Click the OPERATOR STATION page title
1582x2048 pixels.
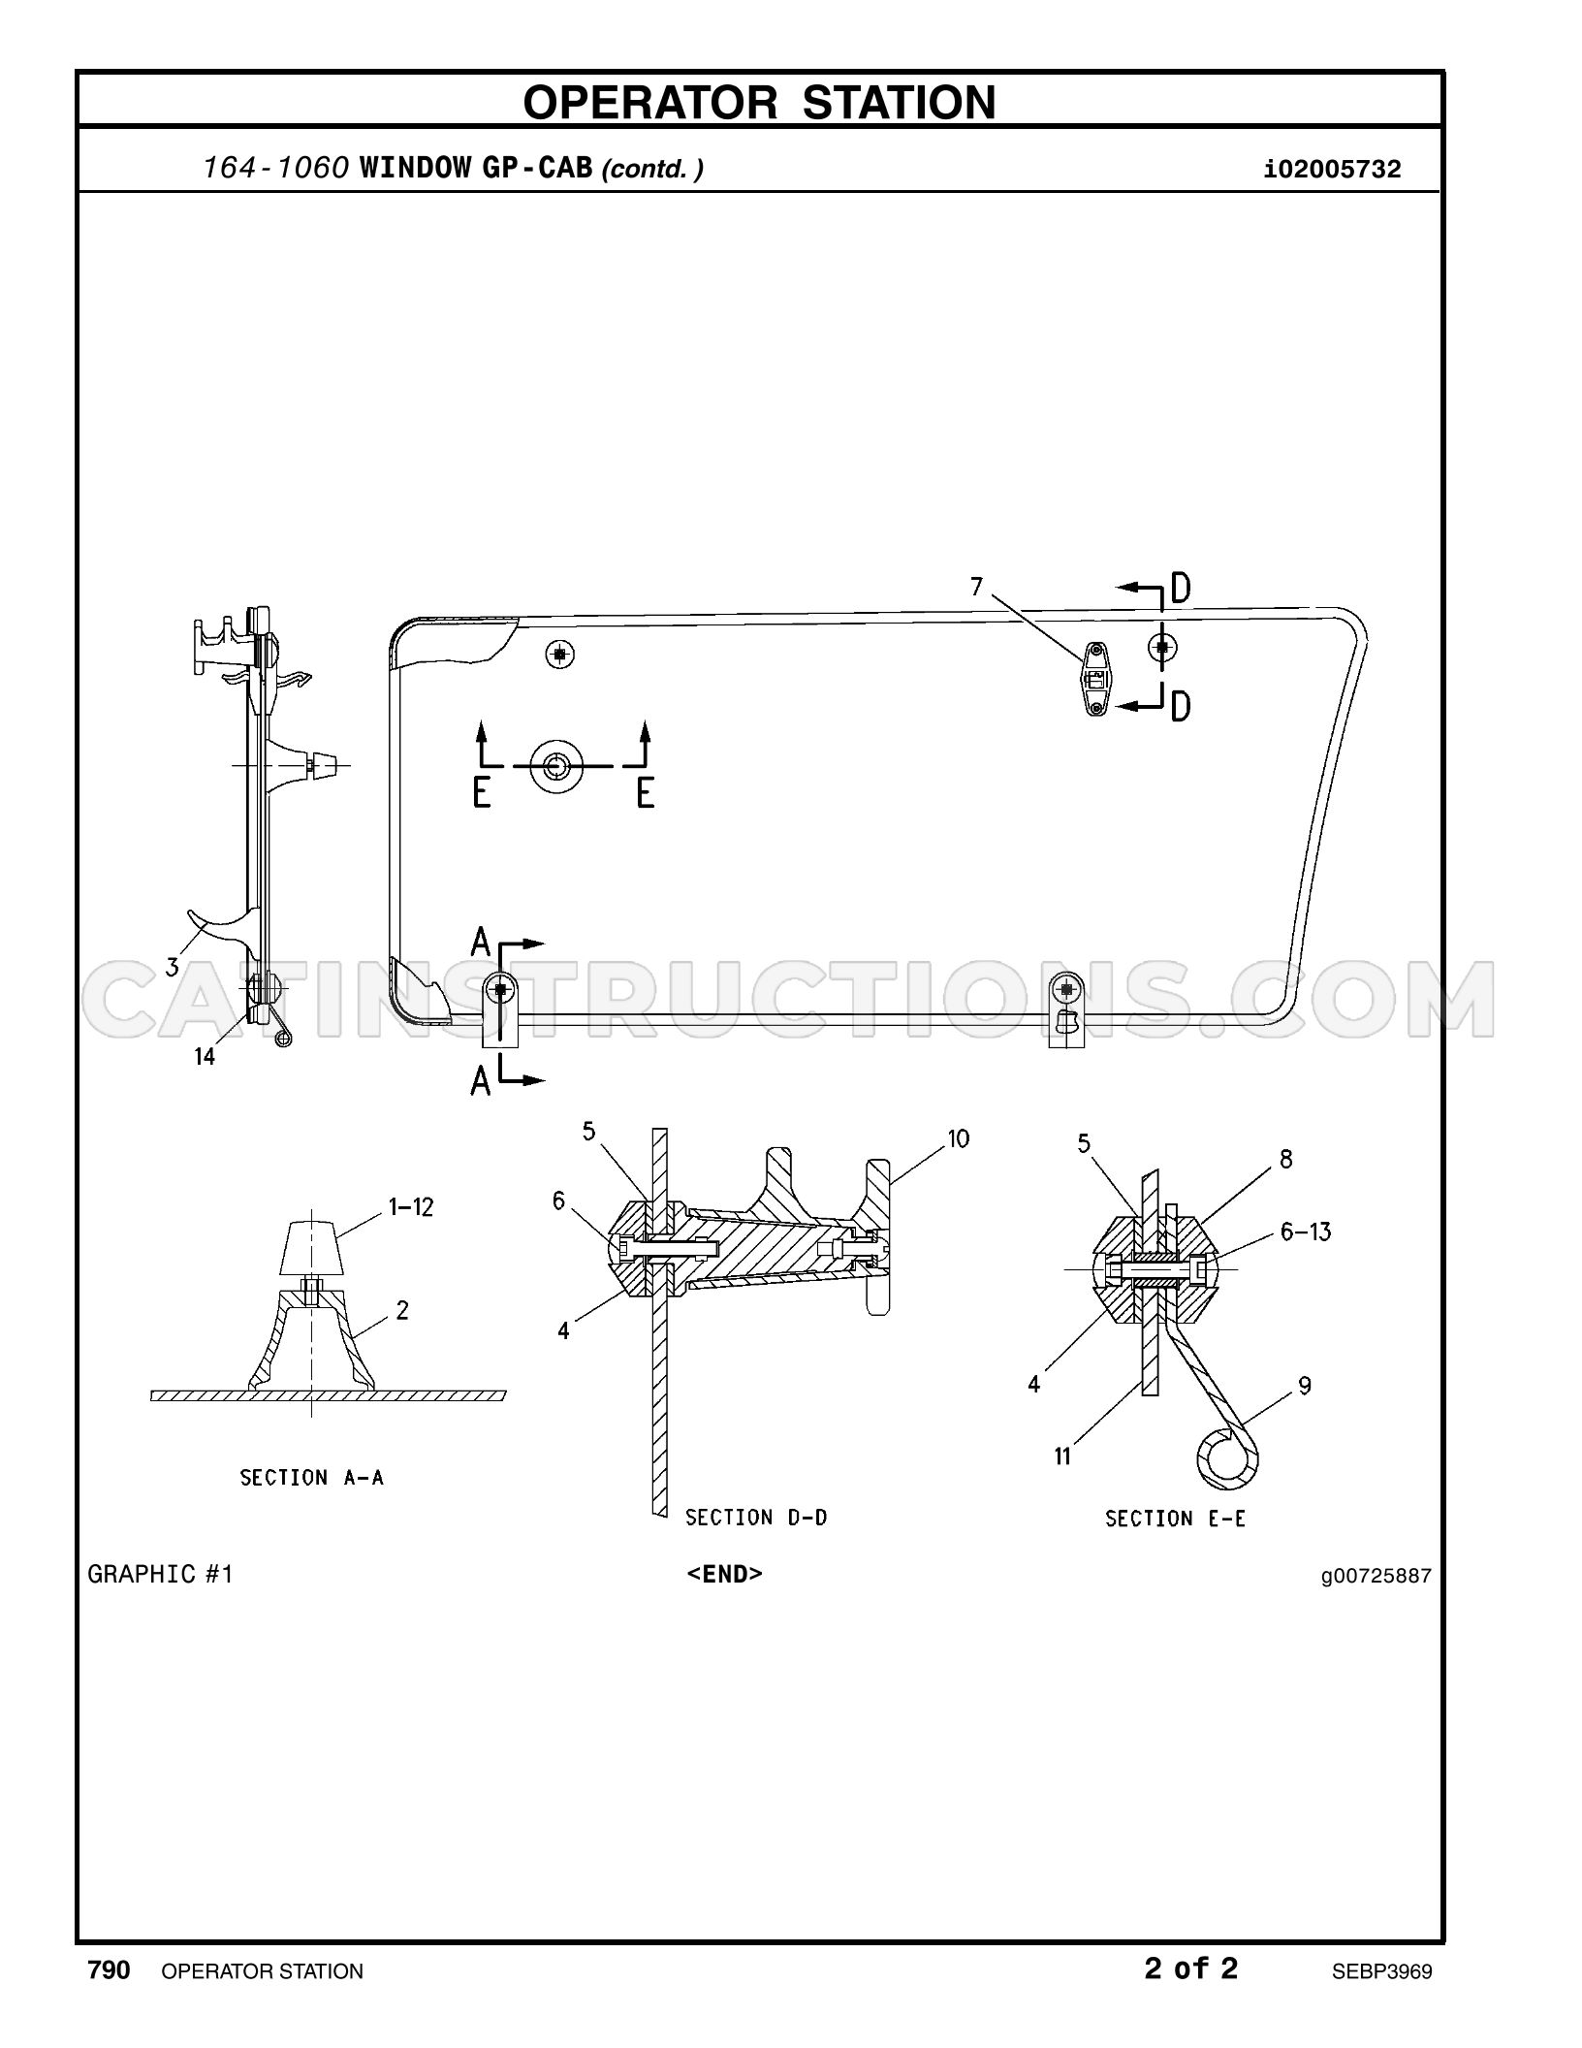(x=759, y=102)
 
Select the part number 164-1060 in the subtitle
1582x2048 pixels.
(x=276, y=169)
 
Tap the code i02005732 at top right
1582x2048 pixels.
(x=1332, y=171)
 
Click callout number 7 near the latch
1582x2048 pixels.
(x=976, y=587)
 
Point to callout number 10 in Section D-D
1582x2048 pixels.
(x=958, y=1138)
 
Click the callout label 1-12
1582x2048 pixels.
(x=411, y=1207)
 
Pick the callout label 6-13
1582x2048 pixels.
(x=1306, y=1232)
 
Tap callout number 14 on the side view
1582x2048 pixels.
(x=205, y=1057)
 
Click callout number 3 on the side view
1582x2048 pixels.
(x=172, y=966)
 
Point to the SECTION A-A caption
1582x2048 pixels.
(x=311, y=1478)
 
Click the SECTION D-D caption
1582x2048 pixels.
(x=756, y=1517)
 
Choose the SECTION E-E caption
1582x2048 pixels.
(x=1175, y=1518)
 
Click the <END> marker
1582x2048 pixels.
(x=724, y=1574)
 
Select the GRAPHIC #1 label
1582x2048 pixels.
(x=161, y=1574)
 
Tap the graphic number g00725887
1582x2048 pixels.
(x=1376, y=1576)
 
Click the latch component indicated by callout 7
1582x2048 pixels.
(x=1095, y=678)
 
